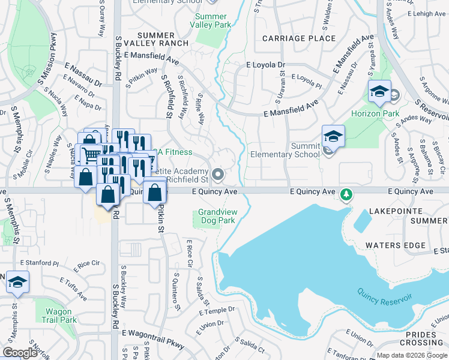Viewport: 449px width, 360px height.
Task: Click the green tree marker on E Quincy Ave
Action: pos(346,194)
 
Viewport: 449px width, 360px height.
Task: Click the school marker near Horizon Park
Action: pos(379,92)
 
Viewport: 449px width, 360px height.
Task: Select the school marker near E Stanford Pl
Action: pos(18,282)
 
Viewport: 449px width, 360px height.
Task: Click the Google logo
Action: pos(20,353)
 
